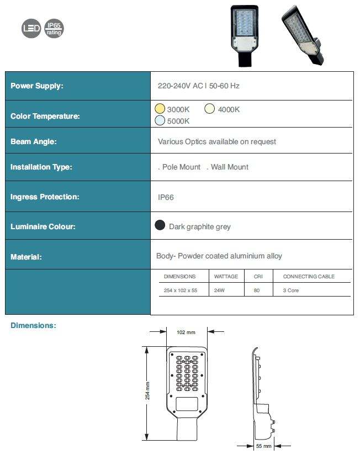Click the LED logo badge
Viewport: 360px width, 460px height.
click(x=31, y=29)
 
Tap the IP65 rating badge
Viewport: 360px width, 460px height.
click(x=54, y=29)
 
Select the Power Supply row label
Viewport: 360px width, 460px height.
click(x=37, y=86)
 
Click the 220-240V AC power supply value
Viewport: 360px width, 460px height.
click(x=198, y=86)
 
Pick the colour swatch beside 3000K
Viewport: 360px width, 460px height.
click(x=160, y=109)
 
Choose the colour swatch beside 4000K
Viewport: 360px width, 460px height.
click(x=210, y=109)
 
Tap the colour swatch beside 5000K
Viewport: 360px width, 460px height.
click(x=160, y=120)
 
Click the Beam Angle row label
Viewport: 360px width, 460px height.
click(x=34, y=142)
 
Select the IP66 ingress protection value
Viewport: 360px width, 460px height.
click(x=166, y=197)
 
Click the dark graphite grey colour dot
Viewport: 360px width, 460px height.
click(x=160, y=225)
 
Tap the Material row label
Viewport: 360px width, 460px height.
click(x=26, y=257)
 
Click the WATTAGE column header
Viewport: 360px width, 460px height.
click(x=226, y=276)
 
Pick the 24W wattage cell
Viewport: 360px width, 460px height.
click(x=219, y=290)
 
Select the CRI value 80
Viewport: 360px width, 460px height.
click(x=257, y=290)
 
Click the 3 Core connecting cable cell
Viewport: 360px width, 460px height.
click(x=290, y=290)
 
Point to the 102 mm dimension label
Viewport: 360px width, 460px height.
click(x=186, y=332)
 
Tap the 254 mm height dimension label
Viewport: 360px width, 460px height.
click(x=147, y=392)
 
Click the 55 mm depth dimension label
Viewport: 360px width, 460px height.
click(x=263, y=446)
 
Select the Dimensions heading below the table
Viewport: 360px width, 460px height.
click(x=33, y=326)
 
